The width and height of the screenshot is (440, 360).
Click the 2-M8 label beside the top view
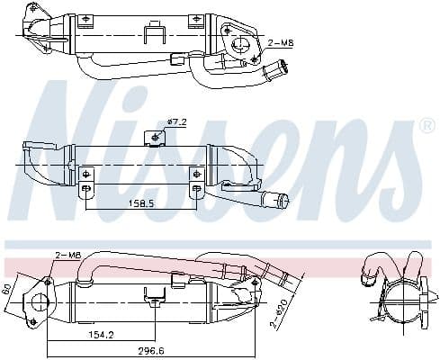point(281,42)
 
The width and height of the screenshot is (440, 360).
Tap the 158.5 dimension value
point(141,203)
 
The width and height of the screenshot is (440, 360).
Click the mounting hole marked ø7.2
point(157,136)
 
